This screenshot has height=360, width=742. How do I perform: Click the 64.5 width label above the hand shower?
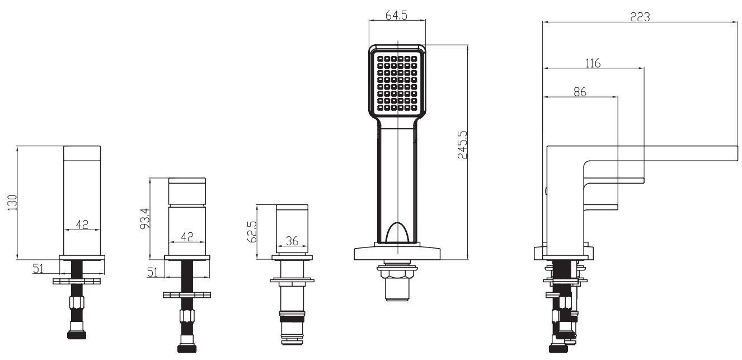click(396, 15)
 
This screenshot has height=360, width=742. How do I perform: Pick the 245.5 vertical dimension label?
click(462, 146)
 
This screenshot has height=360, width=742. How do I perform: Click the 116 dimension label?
click(593, 63)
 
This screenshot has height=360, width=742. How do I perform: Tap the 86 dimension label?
click(580, 92)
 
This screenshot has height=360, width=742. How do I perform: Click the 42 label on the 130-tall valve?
click(82, 224)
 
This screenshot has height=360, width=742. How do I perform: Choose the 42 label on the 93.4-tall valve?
click(187, 237)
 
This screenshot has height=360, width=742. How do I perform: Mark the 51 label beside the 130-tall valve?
click(38, 269)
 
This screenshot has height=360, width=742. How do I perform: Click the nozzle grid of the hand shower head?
click(397, 82)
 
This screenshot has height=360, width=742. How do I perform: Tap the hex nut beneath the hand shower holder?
click(397, 272)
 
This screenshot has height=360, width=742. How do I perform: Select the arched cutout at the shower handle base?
click(397, 232)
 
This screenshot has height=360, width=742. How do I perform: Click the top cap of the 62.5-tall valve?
click(292, 209)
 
